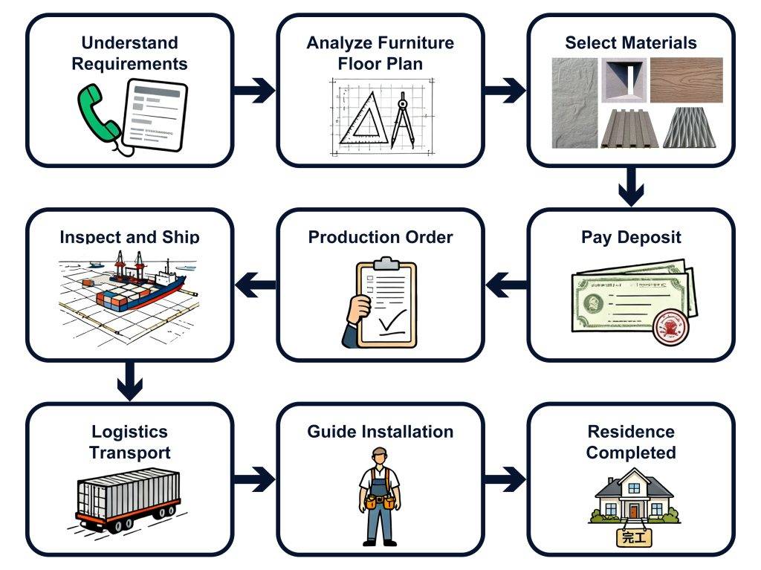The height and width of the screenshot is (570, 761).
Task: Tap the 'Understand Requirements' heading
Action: [130, 53]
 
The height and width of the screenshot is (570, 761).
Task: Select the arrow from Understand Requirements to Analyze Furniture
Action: [254, 91]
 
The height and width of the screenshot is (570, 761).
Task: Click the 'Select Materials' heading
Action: [631, 42]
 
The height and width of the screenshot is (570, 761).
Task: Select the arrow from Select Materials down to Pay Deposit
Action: [631, 186]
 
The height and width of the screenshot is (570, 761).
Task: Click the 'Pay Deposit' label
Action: [631, 238]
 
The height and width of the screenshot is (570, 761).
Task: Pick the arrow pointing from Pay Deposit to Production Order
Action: [506, 282]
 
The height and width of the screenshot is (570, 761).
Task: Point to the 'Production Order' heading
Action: [380, 238]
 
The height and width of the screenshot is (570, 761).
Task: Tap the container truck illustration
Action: [128, 496]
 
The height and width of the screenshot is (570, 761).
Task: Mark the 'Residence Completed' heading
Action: [631, 441]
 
